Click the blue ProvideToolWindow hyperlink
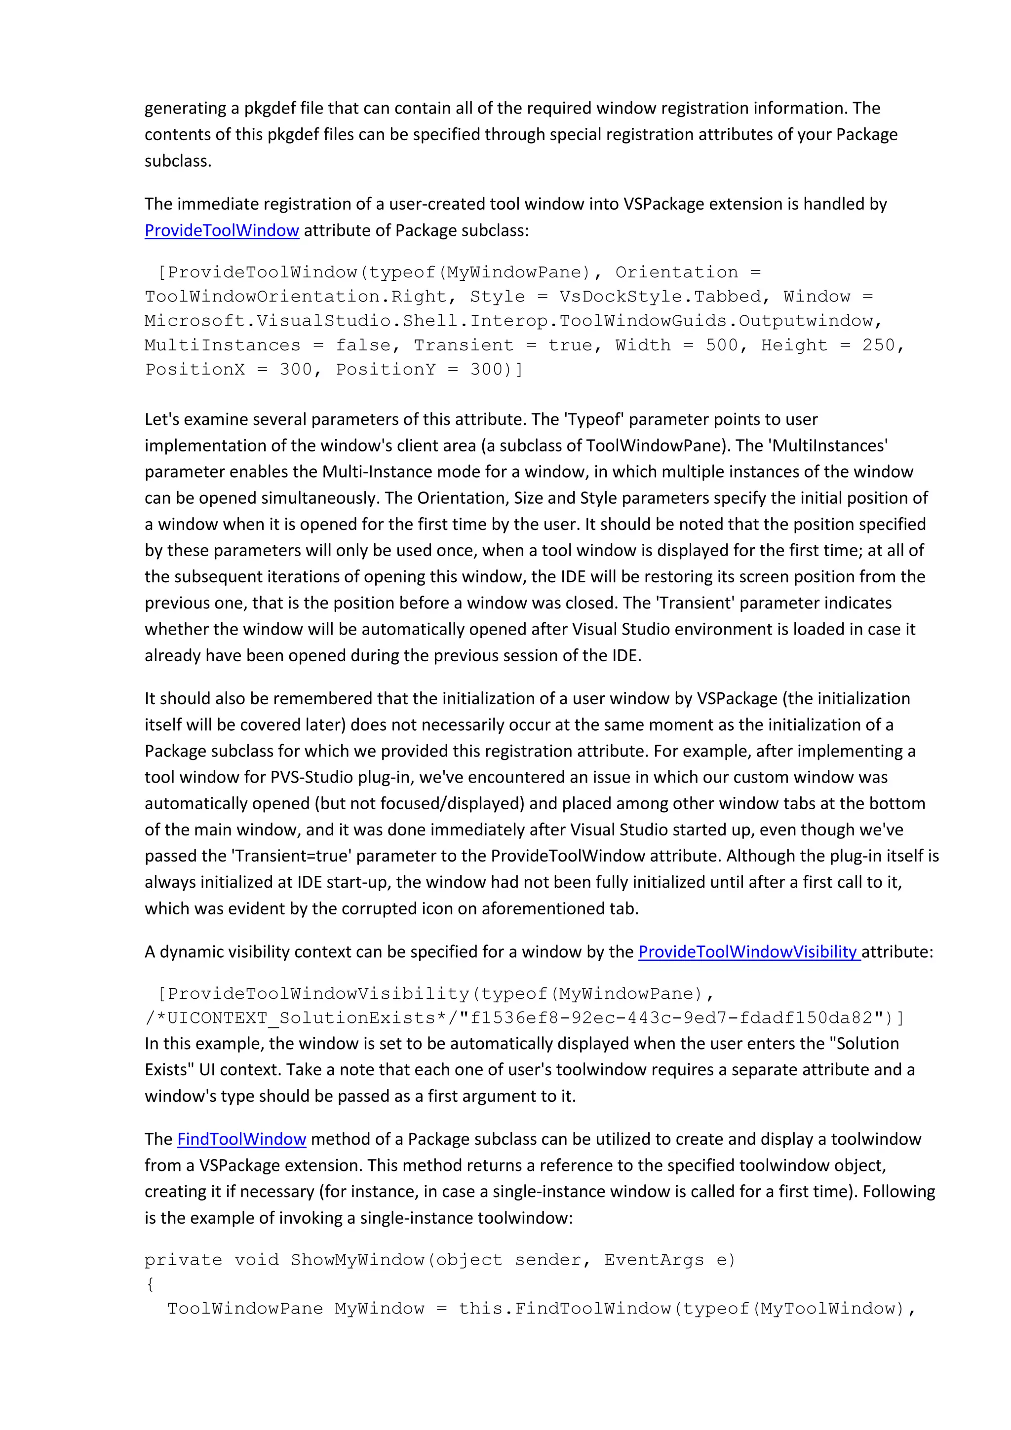point(222,230)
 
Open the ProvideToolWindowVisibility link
point(749,952)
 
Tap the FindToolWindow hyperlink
point(242,1139)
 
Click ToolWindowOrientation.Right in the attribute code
point(295,297)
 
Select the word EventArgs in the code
point(654,1260)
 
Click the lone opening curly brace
point(150,1284)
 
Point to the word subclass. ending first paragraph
point(178,161)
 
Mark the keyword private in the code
point(183,1260)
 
